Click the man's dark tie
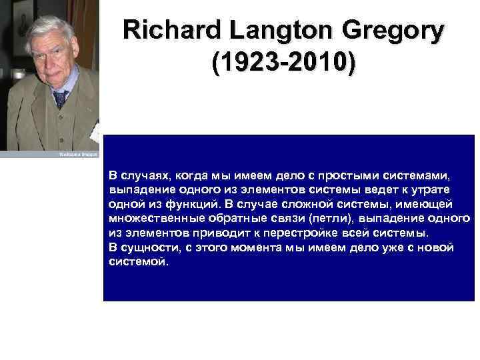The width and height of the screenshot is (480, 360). click(61, 99)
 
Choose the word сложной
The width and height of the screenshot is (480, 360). click(329, 204)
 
